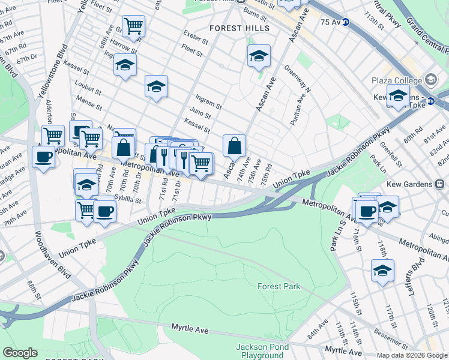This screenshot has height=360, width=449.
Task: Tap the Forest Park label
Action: pyautogui.click(x=279, y=287)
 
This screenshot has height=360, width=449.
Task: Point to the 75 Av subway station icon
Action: pyautogui.click(x=355, y=22)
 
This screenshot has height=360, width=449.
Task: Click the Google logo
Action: pyautogui.click(x=20, y=353)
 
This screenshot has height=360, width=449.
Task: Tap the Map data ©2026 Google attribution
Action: pyautogui.click(x=412, y=355)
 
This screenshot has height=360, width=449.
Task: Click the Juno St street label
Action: pyautogui.click(x=200, y=115)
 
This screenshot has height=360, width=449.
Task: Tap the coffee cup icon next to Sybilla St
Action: pyautogui.click(x=104, y=211)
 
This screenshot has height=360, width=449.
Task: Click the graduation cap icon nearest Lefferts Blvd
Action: pyautogui.click(x=382, y=271)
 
